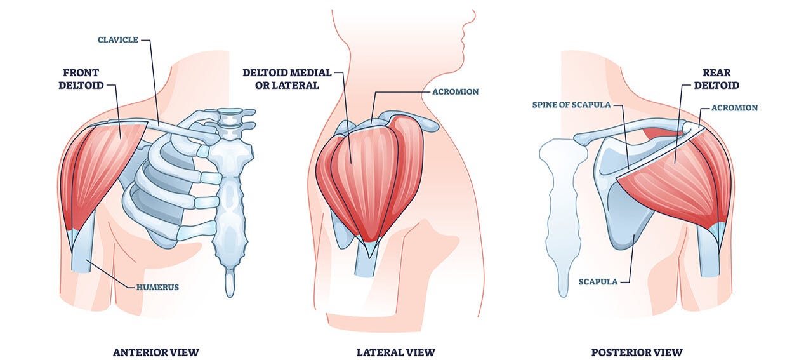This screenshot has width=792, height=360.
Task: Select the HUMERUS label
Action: tap(157, 287)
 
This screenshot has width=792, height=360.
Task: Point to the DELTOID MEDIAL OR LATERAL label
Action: tap(287, 79)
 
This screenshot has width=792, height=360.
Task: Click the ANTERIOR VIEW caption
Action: tap(155, 352)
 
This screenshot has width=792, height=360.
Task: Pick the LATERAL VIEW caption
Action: tap(396, 352)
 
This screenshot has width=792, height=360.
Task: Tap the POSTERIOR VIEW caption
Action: tap(637, 352)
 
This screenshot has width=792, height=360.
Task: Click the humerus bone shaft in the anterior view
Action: tap(82, 254)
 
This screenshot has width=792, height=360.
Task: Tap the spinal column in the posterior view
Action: tap(558, 210)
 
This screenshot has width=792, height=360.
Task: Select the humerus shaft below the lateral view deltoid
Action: tap(366, 260)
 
